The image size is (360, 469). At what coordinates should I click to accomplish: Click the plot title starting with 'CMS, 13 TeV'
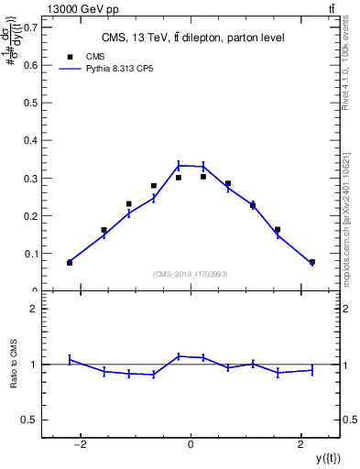tap(191, 38)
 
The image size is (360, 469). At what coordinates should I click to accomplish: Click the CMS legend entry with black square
tap(82, 56)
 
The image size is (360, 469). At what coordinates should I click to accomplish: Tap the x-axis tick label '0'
tap(191, 444)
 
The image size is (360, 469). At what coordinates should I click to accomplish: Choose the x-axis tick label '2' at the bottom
tap(301, 444)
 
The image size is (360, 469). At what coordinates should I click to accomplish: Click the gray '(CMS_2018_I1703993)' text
tap(191, 274)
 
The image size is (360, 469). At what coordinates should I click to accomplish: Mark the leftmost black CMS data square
tap(70, 263)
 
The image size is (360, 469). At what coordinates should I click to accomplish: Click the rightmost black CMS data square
tap(312, 262)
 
